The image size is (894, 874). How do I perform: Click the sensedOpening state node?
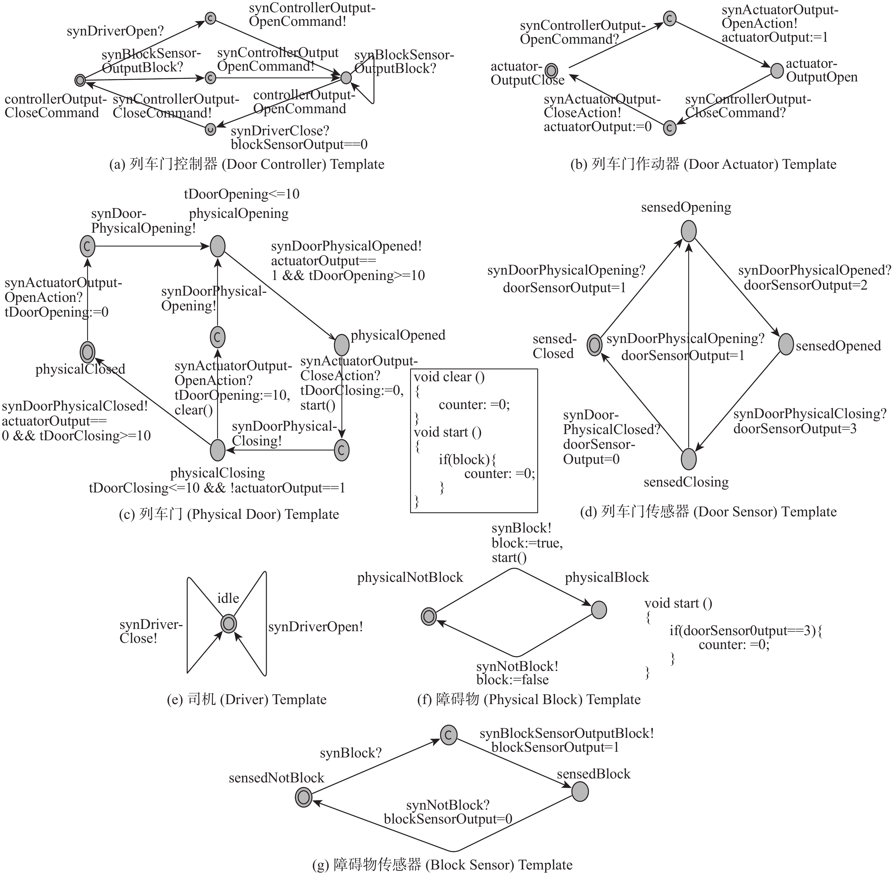688,231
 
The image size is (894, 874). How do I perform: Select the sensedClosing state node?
688,459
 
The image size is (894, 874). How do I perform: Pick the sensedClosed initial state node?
595,344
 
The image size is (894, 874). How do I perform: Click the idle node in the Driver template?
229,623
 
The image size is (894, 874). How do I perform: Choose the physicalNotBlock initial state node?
428,616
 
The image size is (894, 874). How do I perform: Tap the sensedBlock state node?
580,791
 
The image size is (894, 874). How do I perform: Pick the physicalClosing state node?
218,450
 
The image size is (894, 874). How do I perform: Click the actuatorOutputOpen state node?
777,71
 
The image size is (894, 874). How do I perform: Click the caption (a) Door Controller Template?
247,164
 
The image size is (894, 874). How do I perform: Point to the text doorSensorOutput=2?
805,286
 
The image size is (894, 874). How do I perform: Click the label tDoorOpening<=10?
242,194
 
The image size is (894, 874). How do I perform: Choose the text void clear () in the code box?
449,377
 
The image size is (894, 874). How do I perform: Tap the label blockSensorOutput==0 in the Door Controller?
299,145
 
